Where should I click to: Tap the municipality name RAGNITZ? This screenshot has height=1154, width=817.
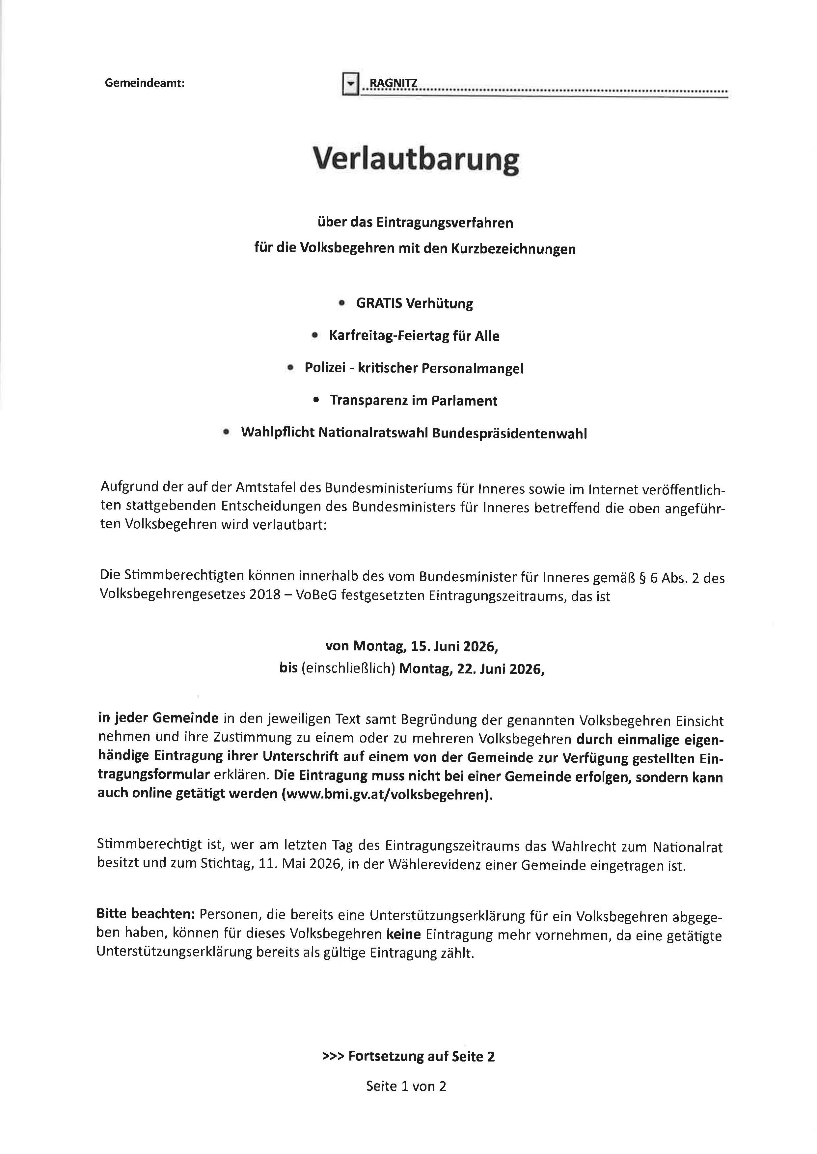393,83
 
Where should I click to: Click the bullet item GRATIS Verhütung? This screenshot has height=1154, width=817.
414,304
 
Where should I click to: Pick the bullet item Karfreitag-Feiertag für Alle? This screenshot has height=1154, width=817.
414,336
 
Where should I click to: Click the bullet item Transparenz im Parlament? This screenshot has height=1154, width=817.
414,401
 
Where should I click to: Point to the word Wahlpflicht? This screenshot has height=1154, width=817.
277,433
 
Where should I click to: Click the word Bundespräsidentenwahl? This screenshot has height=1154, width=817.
509,433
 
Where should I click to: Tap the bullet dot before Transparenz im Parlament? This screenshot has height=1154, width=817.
316,400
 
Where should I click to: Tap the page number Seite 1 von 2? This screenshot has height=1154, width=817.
406,1086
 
